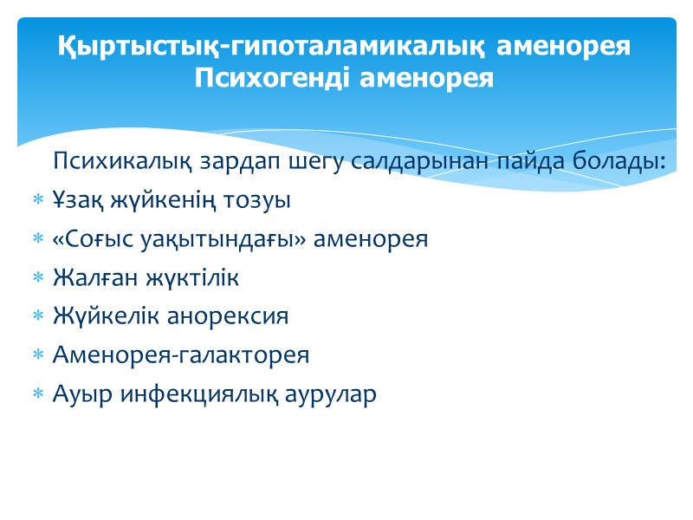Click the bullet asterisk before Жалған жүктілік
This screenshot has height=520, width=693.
click(37, 279)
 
